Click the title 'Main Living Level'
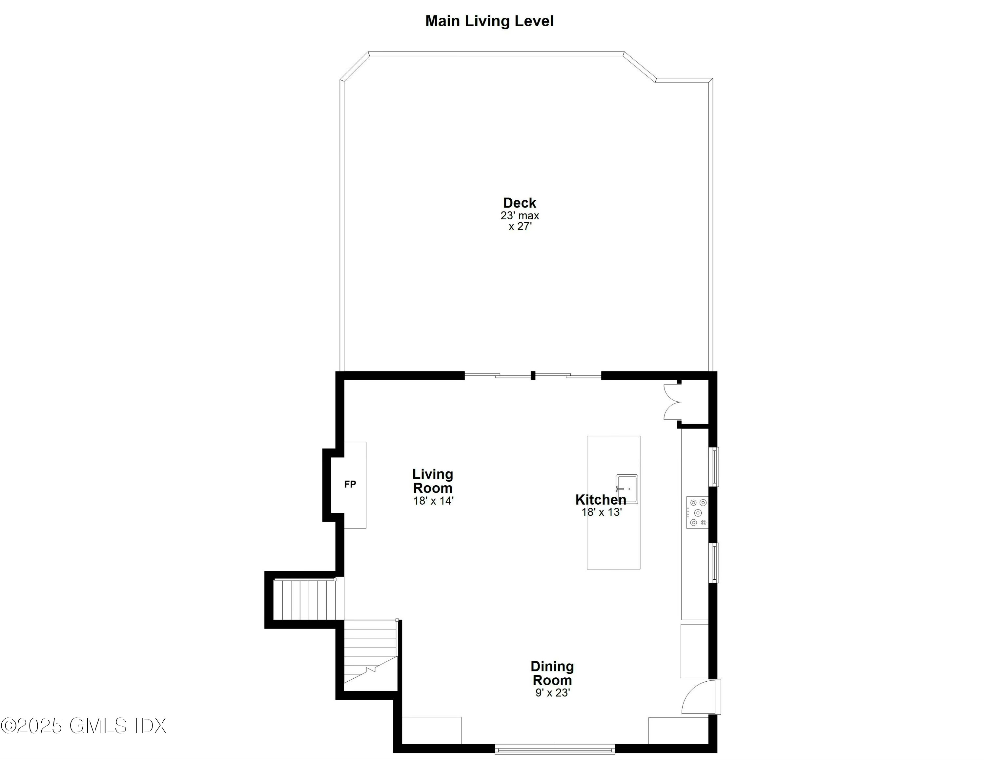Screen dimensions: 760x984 pos(489,21)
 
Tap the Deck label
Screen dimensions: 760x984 pos(520,203)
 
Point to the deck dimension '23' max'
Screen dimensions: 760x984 pos(520,216)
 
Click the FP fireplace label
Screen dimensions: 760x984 pos(350,485)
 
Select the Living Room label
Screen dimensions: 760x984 pos(433,481)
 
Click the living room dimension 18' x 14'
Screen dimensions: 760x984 pos(433,501)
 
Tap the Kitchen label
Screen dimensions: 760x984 pos(601,500)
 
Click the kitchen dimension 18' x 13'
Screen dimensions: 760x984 pos(602,512)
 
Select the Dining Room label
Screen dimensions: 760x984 pos(552,673)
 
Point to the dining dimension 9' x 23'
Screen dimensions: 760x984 pos(552,693)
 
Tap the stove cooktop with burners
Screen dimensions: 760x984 pos(697,513)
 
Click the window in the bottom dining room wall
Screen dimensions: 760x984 pos(555,749)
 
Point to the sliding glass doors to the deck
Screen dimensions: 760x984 pos(533,375)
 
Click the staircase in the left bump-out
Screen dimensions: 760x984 pos(305,600)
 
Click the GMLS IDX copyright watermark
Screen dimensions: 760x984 pos(84,726)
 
